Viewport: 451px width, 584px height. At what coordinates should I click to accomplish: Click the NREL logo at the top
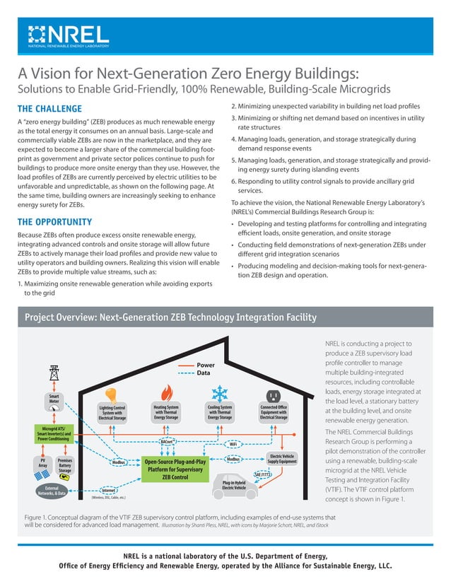coord(68,35)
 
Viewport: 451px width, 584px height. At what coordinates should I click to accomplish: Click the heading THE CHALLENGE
coord(49,109)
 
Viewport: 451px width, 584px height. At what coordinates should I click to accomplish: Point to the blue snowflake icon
coord(220,393)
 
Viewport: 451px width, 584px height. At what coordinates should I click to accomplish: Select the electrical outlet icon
coord(273,395)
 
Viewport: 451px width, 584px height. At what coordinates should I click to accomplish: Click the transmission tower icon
coord(54,373)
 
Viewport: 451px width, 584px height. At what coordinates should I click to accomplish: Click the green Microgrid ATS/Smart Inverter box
coord(54,433)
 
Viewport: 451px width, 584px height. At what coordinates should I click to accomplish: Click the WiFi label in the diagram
coord(233,444)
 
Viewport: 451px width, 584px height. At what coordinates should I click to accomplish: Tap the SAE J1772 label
coord(262,473)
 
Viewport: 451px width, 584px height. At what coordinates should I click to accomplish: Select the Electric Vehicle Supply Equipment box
coord(282,460)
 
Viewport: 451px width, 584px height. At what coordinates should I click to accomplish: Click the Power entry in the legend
coord(205,365)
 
